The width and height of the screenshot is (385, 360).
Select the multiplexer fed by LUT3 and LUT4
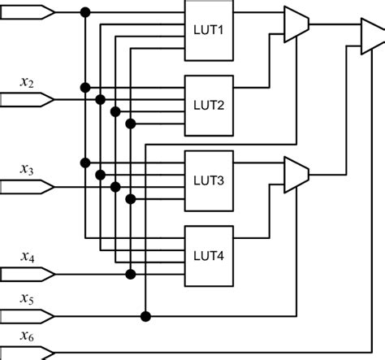[296, 172]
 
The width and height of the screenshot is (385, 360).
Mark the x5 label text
[27, 298]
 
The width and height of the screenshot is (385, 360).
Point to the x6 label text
[27, 336]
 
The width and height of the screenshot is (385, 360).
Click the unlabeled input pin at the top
[28, 12]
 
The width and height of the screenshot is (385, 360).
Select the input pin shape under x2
[28, 100]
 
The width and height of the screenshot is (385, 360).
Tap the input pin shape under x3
[28, 187]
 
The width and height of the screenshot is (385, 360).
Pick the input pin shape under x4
[28, 275]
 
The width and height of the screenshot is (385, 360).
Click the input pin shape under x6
[28, 353]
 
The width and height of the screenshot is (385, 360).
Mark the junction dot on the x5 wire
[145, 315]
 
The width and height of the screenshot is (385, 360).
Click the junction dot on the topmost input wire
[85, 12]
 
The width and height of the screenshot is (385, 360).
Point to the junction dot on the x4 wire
[130, 275]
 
